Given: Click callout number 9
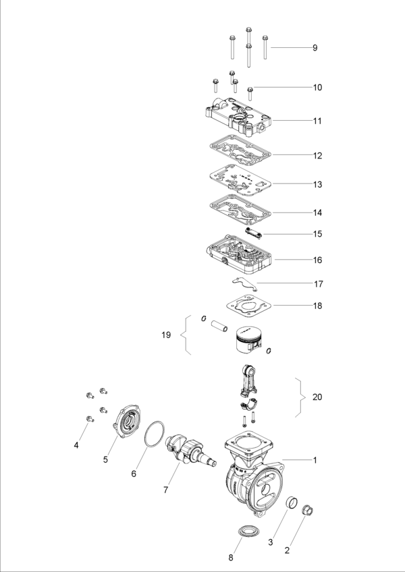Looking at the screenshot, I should [315, 48].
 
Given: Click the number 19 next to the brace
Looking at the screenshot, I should [167, 335].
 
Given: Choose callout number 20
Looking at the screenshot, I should [317, 397].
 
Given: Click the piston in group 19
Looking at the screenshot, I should [247, 341].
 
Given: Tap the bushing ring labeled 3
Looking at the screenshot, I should [291, 504].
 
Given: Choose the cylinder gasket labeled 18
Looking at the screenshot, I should [248, 304].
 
